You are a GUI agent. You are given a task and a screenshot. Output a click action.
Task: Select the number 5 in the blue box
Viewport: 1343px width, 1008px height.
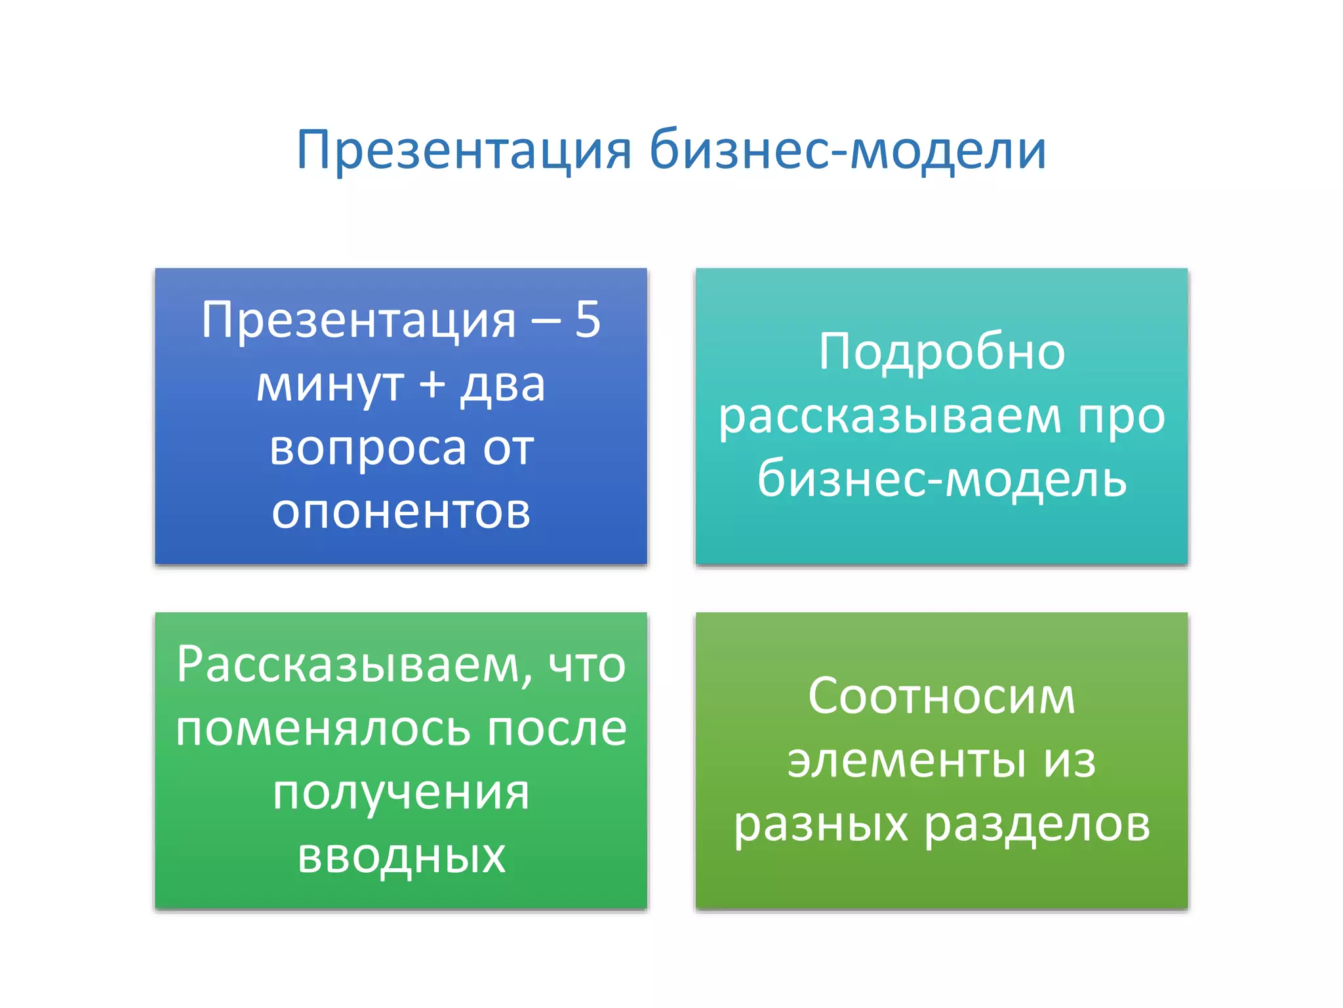click(x=588, y=320)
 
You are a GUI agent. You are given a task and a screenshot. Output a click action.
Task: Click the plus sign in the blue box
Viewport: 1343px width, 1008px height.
click(x=432, y=384)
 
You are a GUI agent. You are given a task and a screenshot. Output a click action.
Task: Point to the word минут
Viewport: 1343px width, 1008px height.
click(x=330, y=385)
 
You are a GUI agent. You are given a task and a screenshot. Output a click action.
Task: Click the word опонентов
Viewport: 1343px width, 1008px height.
click(x=401, y=511)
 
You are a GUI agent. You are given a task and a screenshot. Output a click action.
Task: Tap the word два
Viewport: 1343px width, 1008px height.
click(x=503, y=385)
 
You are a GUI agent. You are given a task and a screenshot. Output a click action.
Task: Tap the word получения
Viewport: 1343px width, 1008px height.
click(x=401, y=793)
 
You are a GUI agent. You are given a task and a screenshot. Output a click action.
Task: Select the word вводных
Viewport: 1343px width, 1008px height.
click(x=401, y=856)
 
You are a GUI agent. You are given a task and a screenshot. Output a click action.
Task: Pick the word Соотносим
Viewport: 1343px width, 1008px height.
click(x=942, y=696)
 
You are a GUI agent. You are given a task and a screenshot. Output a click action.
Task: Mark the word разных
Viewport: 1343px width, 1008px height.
click(x=821, y=824)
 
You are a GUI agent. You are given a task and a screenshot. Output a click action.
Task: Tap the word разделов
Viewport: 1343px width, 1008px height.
click(x=1037, y=824)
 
